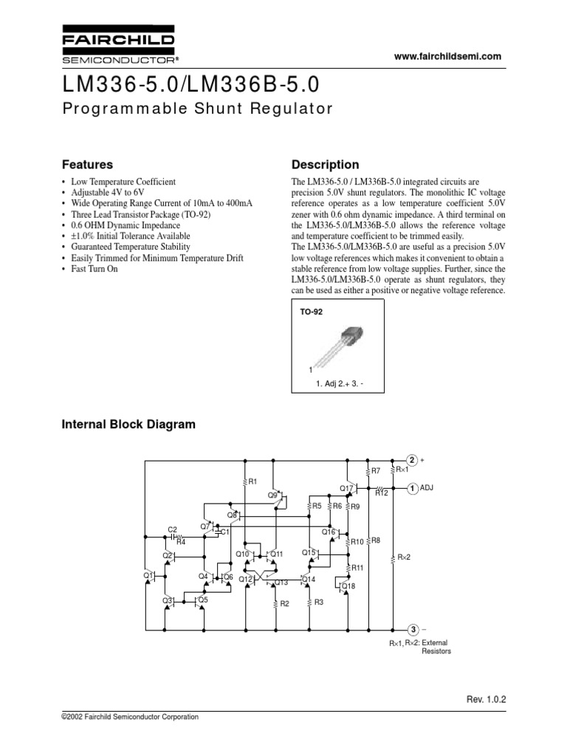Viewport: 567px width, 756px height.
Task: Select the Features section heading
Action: click(86, 165)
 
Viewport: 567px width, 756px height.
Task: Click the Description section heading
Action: click(326, 165)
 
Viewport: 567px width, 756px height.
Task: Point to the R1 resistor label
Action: click(252, 481)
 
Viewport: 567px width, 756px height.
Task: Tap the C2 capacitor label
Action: click(172, 529)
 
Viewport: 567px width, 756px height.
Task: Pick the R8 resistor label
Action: click(375, 540)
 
